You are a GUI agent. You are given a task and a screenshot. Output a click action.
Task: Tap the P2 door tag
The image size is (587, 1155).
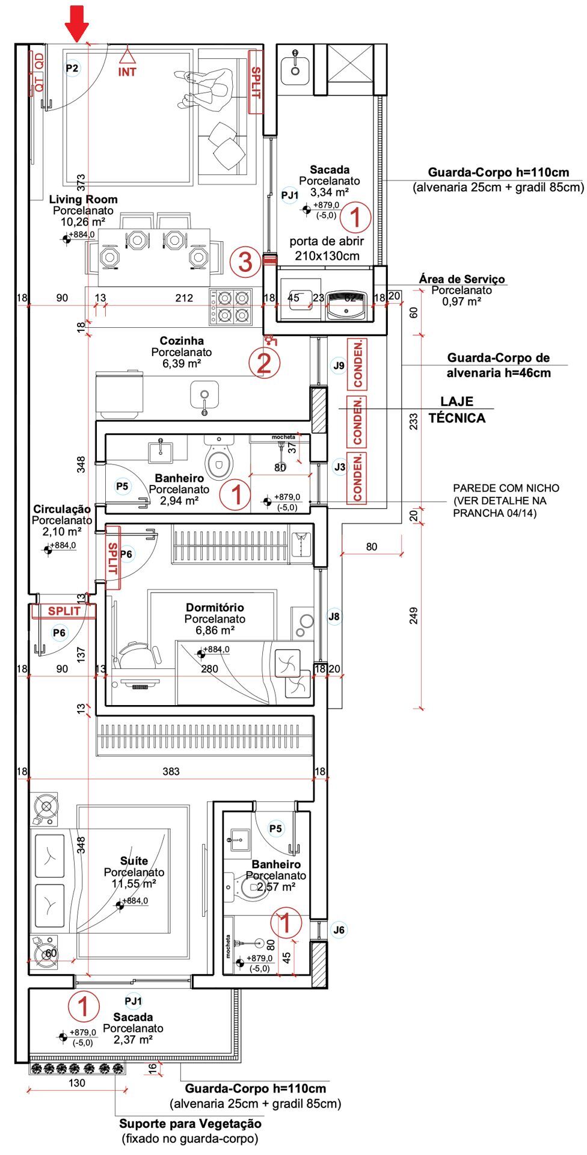pos(72,68)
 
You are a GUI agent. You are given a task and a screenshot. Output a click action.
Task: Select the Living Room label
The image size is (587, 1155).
pos(83,199)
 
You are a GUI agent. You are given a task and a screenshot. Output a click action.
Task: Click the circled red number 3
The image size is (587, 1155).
pos(245,262)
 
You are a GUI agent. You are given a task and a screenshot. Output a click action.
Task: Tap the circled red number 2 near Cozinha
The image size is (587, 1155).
pos(264,363)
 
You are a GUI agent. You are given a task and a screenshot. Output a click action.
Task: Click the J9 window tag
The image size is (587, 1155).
pos(339,365)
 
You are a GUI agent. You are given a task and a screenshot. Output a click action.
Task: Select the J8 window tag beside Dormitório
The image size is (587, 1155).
pos(334,616)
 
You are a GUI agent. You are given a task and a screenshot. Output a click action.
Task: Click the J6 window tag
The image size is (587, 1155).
pos(339,929)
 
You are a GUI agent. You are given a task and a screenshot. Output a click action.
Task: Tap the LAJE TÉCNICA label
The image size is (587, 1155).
pos(457,410)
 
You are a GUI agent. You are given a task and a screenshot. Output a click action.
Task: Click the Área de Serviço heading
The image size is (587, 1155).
pos(462,279)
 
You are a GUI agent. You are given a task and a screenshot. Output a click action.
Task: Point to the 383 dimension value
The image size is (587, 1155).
pos(171,771)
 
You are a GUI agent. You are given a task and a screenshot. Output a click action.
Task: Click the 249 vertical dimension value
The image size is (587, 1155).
pos(414,615)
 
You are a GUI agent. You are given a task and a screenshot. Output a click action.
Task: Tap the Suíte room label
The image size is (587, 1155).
pos(134,861)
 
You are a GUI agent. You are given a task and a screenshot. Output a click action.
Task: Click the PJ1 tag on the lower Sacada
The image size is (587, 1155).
pos(134,1001)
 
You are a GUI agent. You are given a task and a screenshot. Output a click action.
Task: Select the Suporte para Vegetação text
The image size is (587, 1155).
pos(190,1123)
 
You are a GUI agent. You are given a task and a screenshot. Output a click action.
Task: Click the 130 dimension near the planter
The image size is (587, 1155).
pos(77,1083)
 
